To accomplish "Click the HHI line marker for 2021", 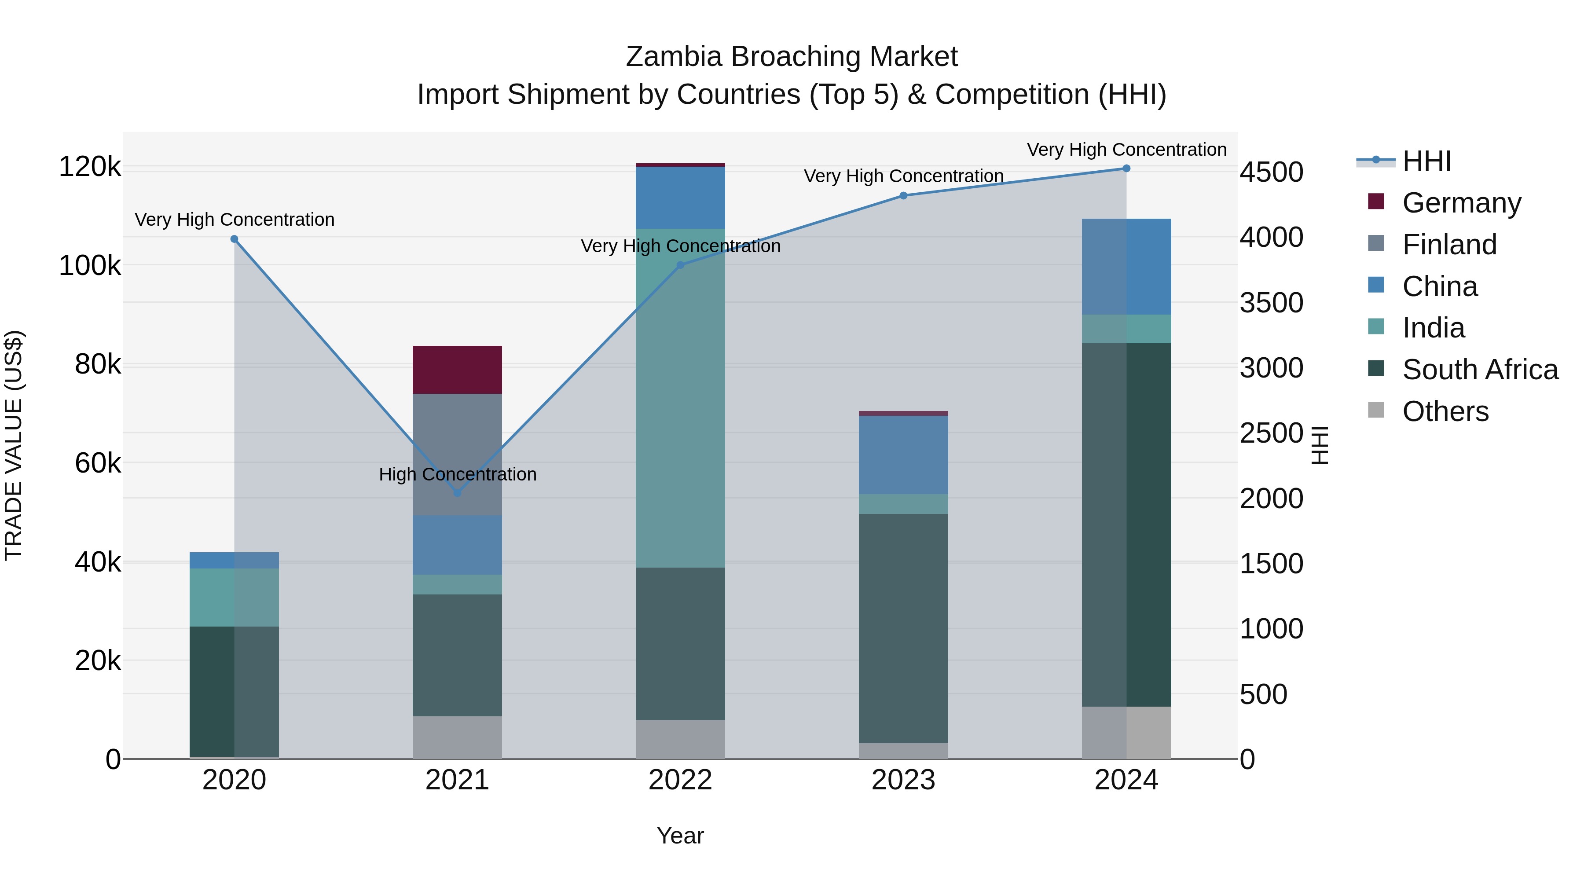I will pos(457,492).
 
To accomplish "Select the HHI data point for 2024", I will pos(1126,169).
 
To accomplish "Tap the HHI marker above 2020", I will pos(234,239).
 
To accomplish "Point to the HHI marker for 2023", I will pos(903,195).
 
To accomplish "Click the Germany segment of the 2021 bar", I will pos(457,370).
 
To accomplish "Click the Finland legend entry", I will pos(1449,244).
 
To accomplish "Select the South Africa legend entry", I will pos(1479,370).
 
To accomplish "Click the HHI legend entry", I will pos(1426,161).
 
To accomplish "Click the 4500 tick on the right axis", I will pos(1270,172).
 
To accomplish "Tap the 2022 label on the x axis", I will pos(680,780).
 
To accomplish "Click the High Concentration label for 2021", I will pos(458,474).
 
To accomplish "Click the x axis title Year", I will pos(680,836).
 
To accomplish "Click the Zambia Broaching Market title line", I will pos(792,57).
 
